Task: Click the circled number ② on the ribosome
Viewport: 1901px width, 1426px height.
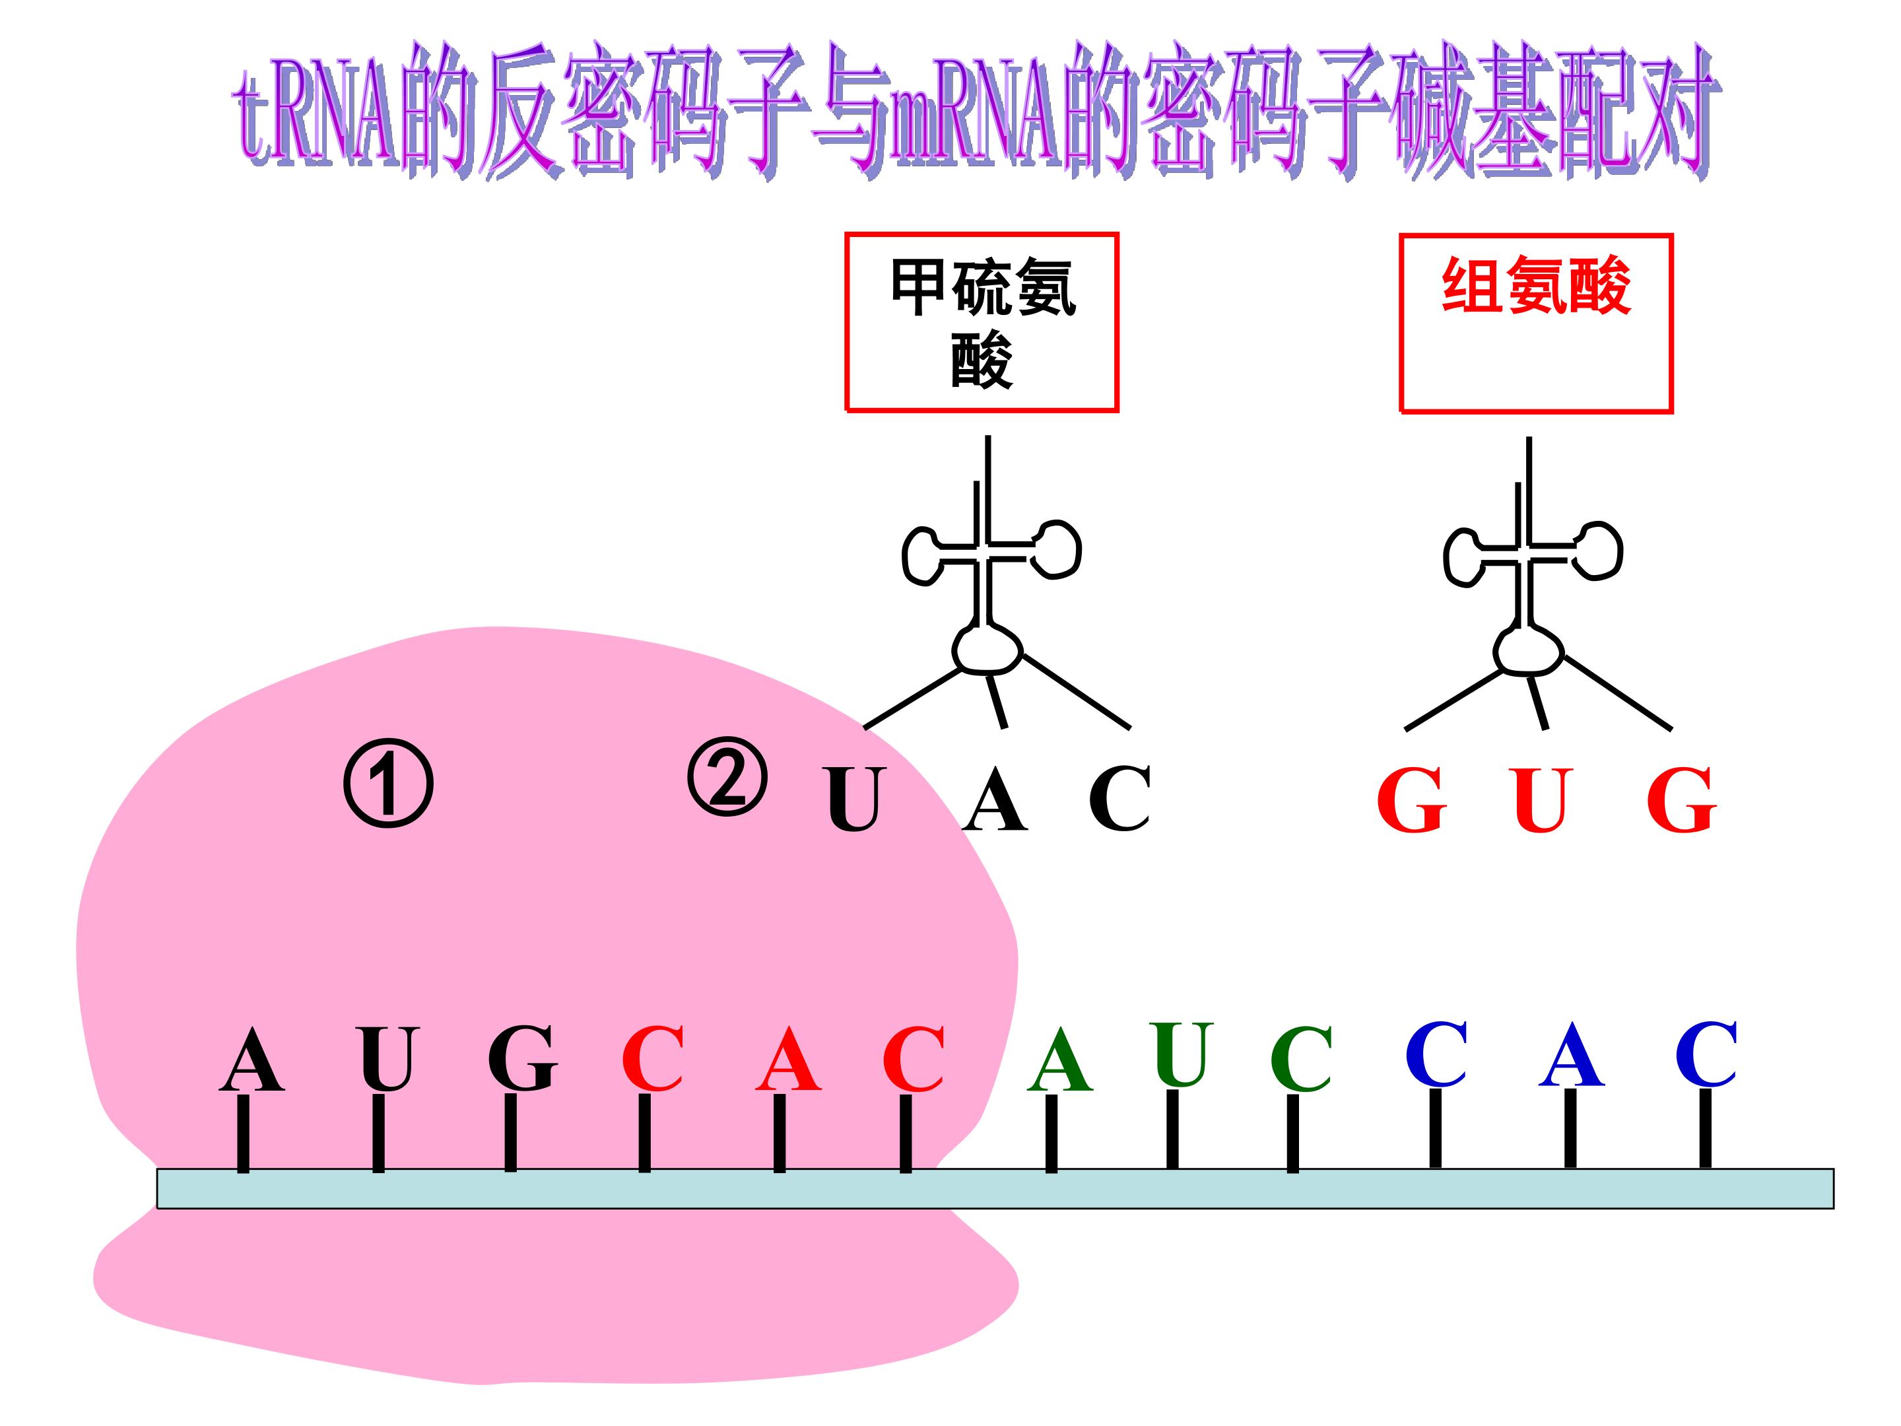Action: pyautogui.click(x=727, y=776)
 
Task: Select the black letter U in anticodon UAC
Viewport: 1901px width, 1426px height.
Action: pyautogui.click(x=854, y=799)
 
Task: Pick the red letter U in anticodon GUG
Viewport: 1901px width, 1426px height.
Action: pyautogui.click(x=1540, y=800)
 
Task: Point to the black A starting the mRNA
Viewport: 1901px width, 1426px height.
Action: pyautogui.click(x=251, y=1060)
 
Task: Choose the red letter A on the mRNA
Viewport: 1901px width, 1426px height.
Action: pyautogui.click(x=788, y=1060)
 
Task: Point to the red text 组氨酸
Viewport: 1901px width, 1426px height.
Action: pyautogui.click(x=1536, y=287)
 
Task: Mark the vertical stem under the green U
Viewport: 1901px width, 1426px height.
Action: pyautogui.click(x=1172, y=1130)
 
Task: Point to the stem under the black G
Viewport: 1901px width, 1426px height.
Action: pyautogui.click(x=510, y=1133)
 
